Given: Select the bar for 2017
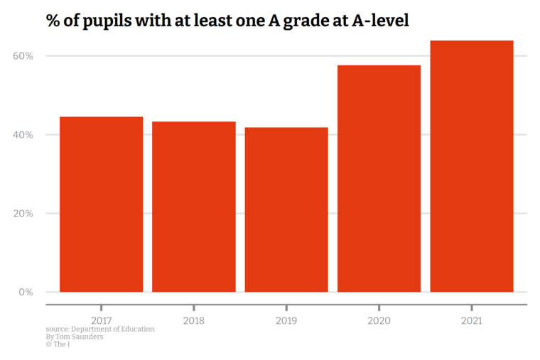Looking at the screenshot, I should coord(101,204).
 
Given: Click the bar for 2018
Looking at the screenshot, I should coord(194,207).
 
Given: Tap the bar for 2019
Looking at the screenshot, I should coord(286,209).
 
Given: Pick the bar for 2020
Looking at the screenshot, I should coord(379,178).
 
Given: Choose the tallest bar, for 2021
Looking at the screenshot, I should coord(472,166).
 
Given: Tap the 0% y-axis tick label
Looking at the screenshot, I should coord(26,292).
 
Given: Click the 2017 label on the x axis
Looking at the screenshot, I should coord(101,321).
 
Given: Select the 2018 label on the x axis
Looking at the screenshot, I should coord(194,321).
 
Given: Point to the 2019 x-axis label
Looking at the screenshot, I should coord(286,321).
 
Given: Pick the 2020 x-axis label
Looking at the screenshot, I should coord(379,321).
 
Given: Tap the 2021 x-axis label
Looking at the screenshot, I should coord(472,321).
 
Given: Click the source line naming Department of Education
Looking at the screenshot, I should coord(99,329).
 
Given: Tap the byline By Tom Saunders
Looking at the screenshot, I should coord(74,337).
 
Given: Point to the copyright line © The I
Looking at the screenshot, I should coord(58,344).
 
